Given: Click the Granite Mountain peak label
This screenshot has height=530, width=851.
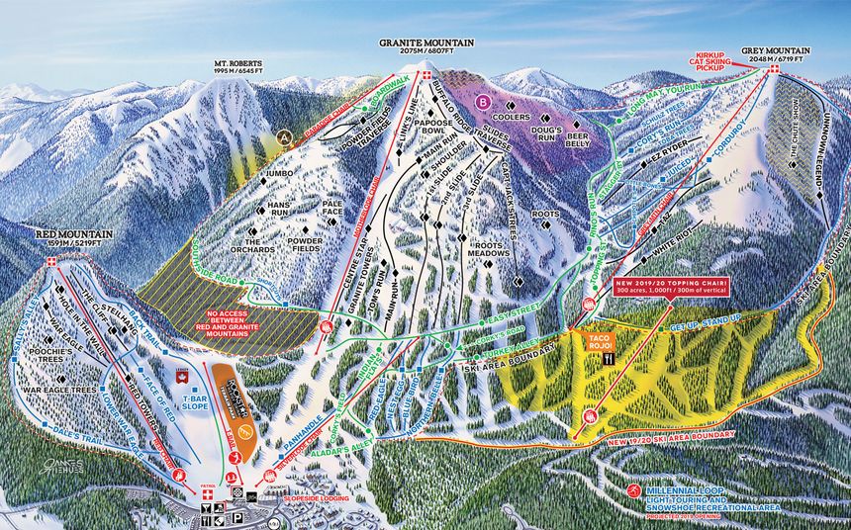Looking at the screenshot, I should pos(426,44).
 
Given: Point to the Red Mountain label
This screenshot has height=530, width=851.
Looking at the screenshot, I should pos(73,234).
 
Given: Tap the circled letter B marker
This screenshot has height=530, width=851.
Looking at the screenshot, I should pos(483,100).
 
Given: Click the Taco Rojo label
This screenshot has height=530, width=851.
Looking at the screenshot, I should pos(603,339).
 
